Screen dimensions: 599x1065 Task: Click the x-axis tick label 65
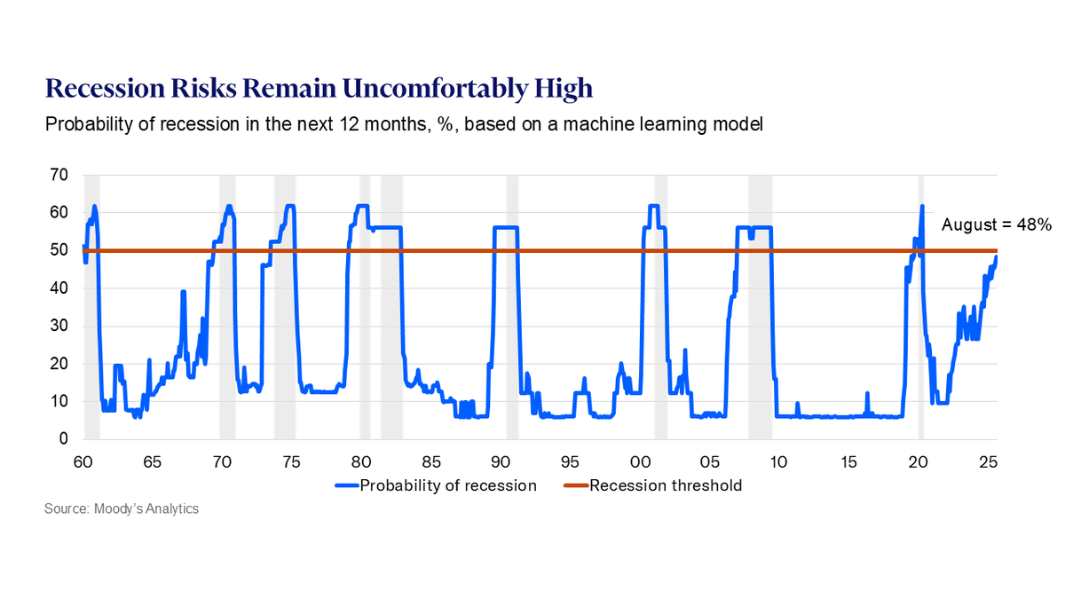(x=152, y=462)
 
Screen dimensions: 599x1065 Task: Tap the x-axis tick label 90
(x=500, y=462)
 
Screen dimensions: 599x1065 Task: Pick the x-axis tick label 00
(x=639, y=462)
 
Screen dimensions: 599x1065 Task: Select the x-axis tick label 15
(x=848, y=462)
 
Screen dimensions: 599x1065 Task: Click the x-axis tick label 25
(x=988, y=462)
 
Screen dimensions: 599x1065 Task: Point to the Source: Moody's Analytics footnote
(x=122, y=509)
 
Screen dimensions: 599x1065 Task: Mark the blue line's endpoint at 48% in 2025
(x=996, y=257)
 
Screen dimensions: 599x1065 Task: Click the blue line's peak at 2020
(x=922, y=206)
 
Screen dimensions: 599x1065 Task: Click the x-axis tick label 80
(x=360, y=462)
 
